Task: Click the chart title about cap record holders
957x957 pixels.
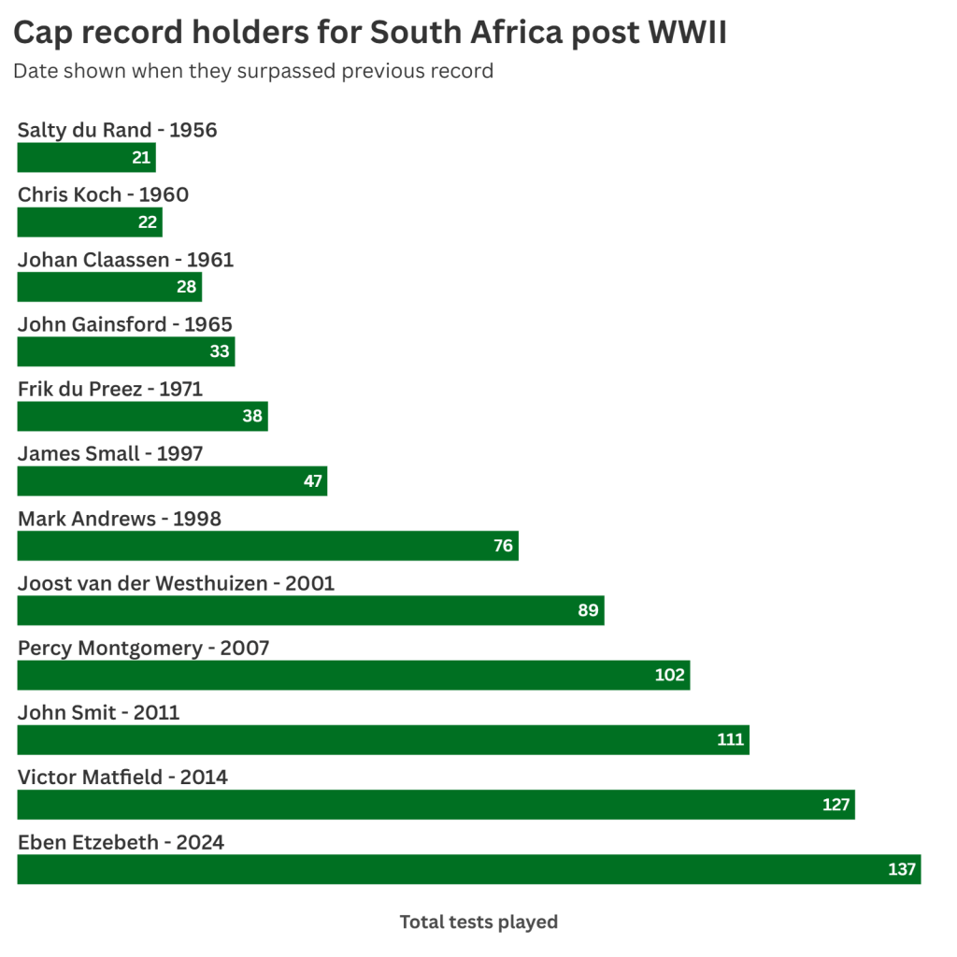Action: click(x=370, y=33)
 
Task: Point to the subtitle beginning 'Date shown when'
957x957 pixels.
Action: click(x=252, y=71)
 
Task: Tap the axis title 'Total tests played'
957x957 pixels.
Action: click(x=478, y=921)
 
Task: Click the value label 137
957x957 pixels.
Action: click(x=902, y=869)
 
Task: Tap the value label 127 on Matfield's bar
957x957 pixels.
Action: click(x=836, y=805)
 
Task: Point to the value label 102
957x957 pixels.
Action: click(x=670, y=675)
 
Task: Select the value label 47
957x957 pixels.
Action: click(x=313, y=481)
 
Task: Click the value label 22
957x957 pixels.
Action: click(x=148, y=222)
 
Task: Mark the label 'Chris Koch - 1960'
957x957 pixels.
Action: click(x=103, y=194)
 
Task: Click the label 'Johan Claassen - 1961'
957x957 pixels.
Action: click(x=125, y=260)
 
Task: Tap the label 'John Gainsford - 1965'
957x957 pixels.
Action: click(x=125, y=324)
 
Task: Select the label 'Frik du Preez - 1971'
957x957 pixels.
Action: click(x=110, y=389)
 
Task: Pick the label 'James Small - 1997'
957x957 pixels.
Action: click(x=110, y=453)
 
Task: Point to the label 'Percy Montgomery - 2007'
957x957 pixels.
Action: click(x=144, y=648)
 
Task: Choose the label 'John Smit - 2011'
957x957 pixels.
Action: click(x=99, y=712)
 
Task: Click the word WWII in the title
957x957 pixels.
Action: click(x=687, y=33)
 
